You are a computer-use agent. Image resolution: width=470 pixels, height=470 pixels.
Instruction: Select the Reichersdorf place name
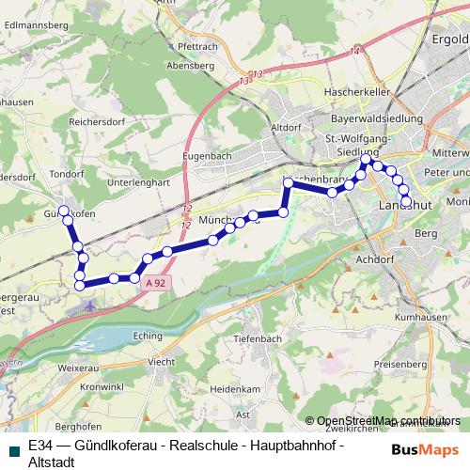pyautogui.click(x=100, y=122)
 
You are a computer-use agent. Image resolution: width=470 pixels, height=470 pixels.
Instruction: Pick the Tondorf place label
pyautogui.click(x=66, y=173)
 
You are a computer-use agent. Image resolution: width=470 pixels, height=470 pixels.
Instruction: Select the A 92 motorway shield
pyautogui.click(x=157, y=295)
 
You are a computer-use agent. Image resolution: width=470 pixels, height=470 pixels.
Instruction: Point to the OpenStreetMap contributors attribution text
pyautogui.click(x=388, y=420)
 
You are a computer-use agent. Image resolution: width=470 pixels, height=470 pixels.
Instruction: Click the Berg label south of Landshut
pyautogui.click(x=426, y=232)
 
